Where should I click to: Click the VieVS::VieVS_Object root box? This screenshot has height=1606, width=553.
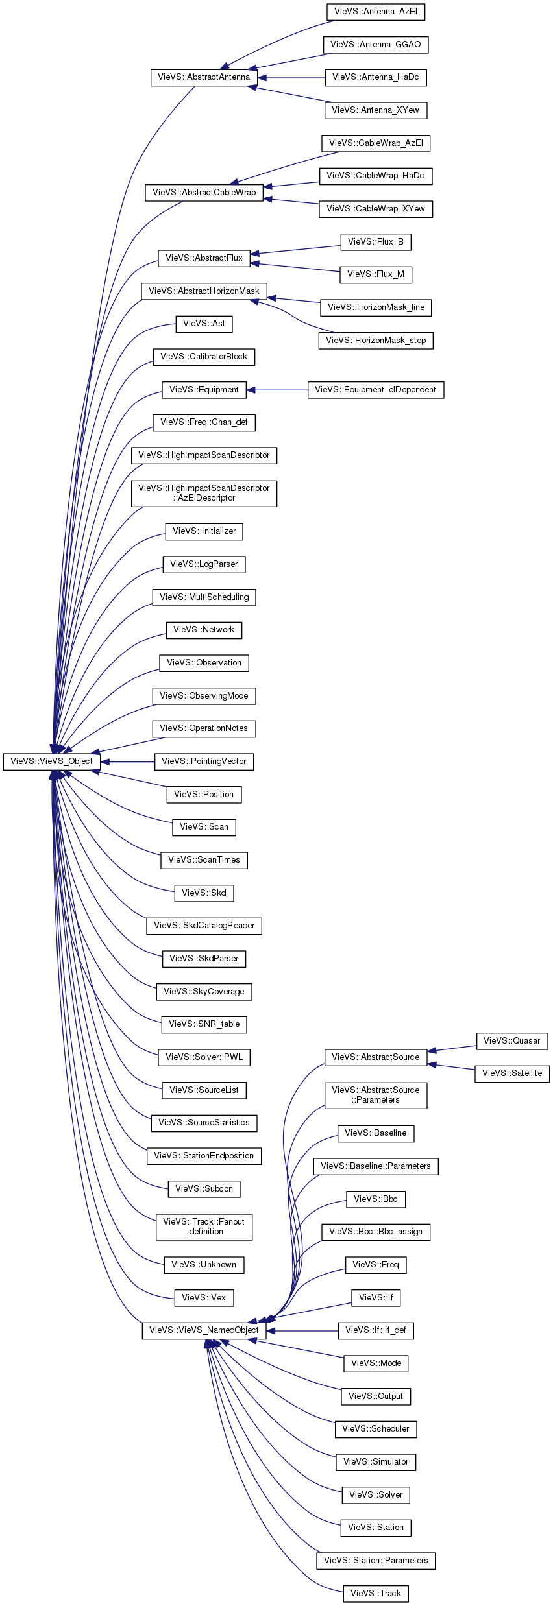pos(51,761)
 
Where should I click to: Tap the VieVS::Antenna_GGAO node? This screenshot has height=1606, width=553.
pos(376,45)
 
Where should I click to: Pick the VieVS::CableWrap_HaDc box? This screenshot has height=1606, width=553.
pos(375,176)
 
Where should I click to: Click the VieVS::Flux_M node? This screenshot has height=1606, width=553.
pos(376,274)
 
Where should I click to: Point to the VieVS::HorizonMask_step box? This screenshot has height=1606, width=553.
pos(376,341)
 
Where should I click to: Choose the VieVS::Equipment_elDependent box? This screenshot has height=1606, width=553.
pos(376,390)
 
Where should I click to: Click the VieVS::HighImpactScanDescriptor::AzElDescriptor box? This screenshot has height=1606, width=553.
pos(204,493)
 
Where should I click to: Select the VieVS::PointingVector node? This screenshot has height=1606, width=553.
pos(204,761)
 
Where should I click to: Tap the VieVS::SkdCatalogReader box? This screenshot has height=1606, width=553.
pos(204,926)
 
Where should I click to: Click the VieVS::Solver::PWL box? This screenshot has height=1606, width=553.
pos(204,1057)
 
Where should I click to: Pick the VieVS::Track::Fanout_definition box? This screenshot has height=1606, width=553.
pos(204,1227)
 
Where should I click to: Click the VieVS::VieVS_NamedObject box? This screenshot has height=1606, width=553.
pos(204,1330)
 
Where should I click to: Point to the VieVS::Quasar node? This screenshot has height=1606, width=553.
pos(512,1041)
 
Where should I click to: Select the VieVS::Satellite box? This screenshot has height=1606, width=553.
pos(512,1073)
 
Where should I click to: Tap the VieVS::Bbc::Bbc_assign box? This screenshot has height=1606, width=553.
pos(376,1232)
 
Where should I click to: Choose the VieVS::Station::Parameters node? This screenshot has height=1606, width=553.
pos(376,1561)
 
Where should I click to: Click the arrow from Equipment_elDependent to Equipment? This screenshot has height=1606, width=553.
pos(277,390)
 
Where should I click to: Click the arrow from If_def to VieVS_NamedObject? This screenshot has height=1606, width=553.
pos(302,1330)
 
